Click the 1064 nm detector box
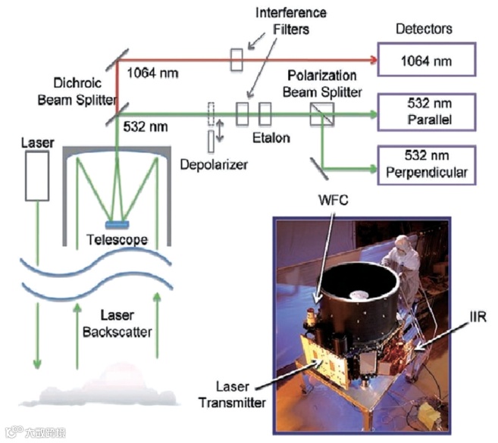[427, 60]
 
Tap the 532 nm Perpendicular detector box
[427, 164]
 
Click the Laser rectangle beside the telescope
[36, 175]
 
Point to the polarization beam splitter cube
[318, 114]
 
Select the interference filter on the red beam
[237, 59]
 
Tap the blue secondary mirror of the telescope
[117, 223]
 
